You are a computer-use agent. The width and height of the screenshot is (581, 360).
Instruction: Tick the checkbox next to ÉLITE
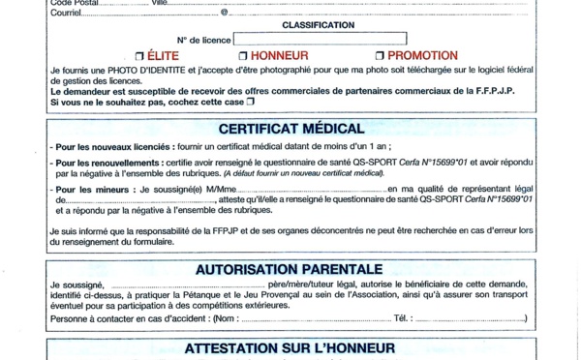pyautogui.click(x=140, y=56)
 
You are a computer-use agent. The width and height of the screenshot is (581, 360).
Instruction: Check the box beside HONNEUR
pyautogui.click(x=243, y=56)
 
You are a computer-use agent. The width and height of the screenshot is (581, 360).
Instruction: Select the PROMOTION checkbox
pyautogui.click(x=381, y=56)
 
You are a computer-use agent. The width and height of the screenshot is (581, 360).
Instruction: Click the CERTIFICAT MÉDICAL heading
pyautogui.click(x=290, y=128)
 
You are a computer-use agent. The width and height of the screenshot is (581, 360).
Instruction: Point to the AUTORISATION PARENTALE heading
pyautogui.click(x=290, y=269)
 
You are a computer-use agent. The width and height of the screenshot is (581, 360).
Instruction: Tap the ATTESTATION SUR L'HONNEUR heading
pyautogui.click(x=290, y=347)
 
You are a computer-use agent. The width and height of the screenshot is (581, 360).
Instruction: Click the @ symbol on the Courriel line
pyautogui.click(x=225, y=13)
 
